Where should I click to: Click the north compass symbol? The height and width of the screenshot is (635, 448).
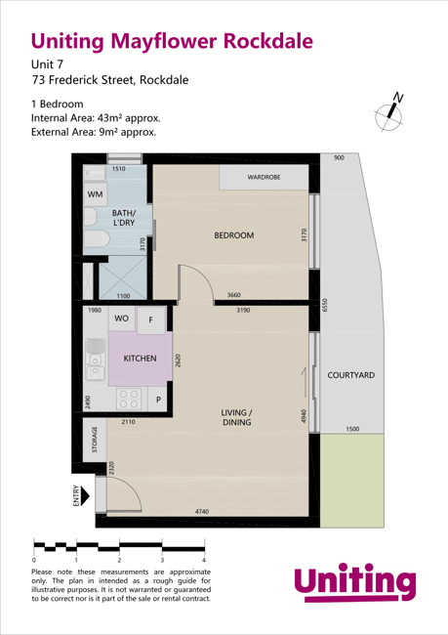coord(391,112)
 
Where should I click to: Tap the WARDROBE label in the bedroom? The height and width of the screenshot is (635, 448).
coord(264,178)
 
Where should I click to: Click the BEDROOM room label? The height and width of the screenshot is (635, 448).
coord(233,235)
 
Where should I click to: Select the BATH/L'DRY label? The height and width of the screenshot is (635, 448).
coord(124,218)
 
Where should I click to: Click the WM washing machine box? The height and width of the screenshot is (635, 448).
coord(95,194)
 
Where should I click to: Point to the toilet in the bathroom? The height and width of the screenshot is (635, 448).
coord(95,238)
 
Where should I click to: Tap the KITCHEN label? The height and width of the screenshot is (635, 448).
coord(140,359)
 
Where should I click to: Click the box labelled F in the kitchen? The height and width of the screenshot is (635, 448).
coord(151,320)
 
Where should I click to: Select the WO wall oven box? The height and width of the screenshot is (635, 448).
coord(122,318)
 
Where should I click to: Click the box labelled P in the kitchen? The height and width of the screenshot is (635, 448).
coord(157,400)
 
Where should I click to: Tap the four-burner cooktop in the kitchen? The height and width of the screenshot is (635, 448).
coord(129,399)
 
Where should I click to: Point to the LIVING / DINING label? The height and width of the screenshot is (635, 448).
coord(236,418)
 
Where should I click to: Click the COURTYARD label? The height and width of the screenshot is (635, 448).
coord(350,375)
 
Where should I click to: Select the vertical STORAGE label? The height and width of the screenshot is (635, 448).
coord(95,440)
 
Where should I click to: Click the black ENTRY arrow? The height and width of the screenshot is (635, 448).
coord(88,496)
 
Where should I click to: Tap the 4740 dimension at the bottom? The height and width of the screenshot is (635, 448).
coord(203,511)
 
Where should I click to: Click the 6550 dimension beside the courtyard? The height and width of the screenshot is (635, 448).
coord(325,309)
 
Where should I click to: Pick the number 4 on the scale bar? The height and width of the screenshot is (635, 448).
coord(203,561)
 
